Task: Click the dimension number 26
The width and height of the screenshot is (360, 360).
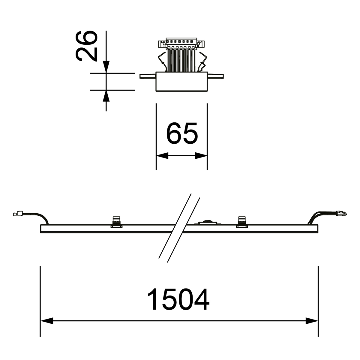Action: coord(86,46)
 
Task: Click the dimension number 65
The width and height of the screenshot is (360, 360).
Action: coord(182,133)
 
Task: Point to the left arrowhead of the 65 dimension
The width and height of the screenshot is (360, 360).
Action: coord(162,156)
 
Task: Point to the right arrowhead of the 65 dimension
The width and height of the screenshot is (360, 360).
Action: coord(201,156)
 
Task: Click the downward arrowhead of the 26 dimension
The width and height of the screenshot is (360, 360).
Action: coord(106,67)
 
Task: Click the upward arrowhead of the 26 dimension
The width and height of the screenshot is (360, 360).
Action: coord(106,96)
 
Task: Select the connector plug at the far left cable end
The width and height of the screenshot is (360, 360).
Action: coord(18,213)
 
